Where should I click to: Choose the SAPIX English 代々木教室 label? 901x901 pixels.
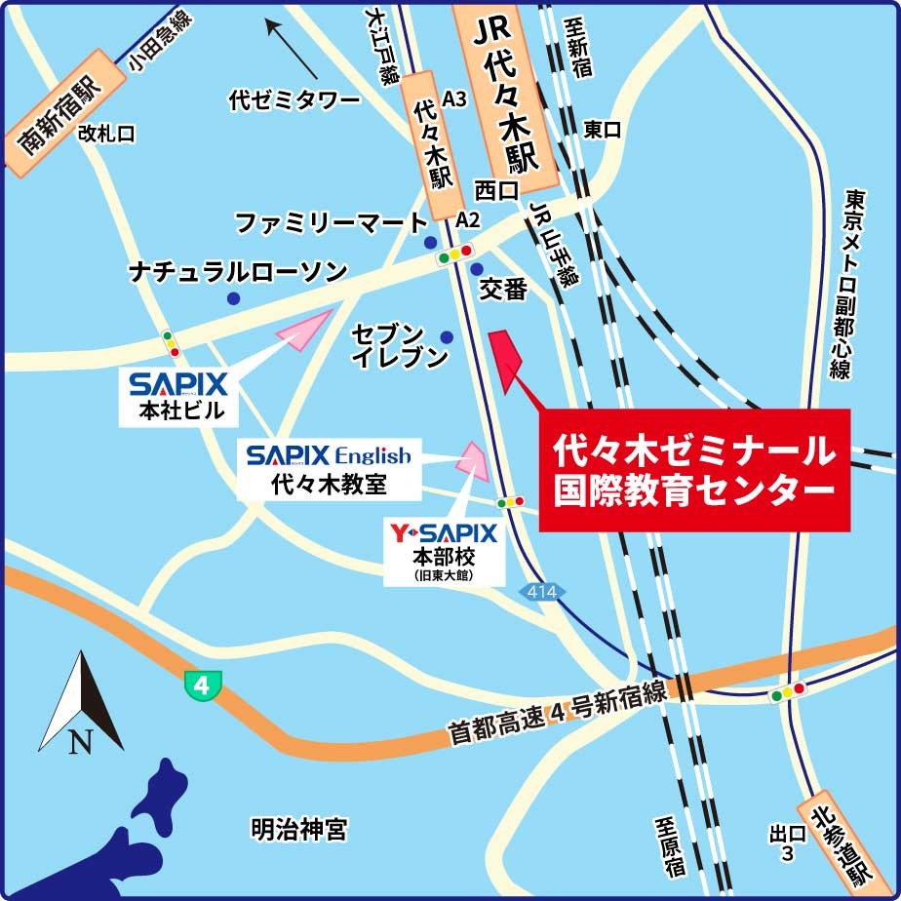click(x=329, y=470)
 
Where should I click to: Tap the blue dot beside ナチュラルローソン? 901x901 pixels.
click(x=233, y=298)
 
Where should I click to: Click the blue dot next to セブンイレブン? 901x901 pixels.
click(x=447, y=337)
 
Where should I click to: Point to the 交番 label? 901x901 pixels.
click(x=503, y=289)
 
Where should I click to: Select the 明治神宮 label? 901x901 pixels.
click(x=298, y=830)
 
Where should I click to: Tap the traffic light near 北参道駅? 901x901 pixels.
click(x=788, y=693)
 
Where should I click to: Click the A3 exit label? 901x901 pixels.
click(x=454, y=98)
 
